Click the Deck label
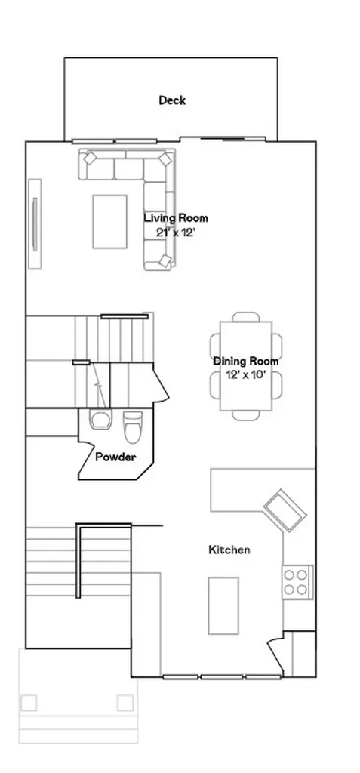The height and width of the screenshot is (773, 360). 172,100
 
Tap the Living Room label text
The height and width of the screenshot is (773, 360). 176,217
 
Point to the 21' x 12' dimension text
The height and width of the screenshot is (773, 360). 176,233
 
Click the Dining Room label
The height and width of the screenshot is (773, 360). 245,361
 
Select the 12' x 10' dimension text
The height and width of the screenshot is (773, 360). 245,374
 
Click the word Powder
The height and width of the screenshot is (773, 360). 115,457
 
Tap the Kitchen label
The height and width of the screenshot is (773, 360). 229,550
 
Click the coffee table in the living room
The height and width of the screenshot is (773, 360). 109,221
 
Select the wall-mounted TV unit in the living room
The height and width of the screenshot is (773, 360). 35,223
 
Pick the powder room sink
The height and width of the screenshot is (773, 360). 101,420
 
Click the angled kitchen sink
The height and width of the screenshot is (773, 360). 285,510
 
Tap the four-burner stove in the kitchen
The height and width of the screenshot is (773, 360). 297,582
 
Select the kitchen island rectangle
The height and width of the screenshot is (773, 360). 223,605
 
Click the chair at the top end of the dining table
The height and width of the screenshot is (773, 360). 246,317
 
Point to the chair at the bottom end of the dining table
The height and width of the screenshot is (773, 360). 246,416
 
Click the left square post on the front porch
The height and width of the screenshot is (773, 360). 29,703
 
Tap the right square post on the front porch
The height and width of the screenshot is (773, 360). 125,703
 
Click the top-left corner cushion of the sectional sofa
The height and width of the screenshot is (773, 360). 90,159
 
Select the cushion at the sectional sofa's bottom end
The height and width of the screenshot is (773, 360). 165,260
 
